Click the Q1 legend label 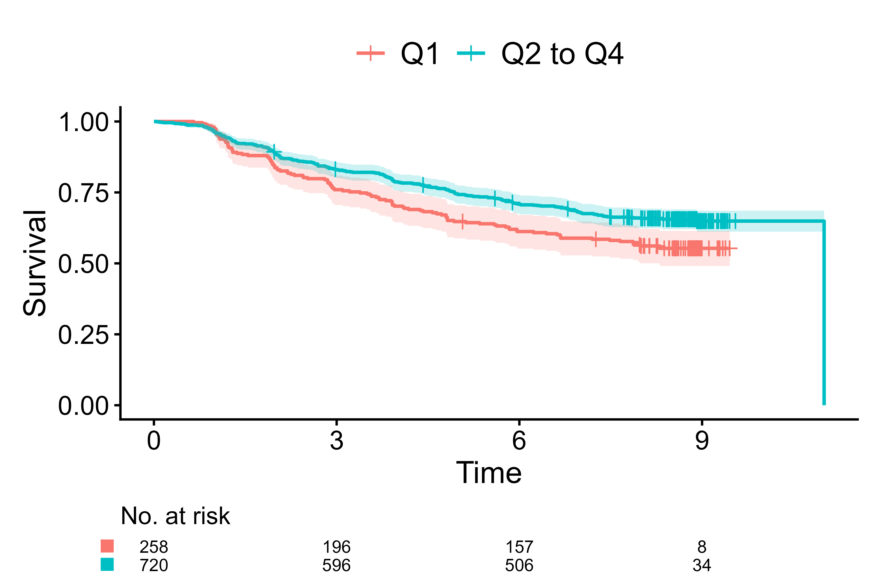(x=419, y=54)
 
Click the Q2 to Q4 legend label (x=562, y=54)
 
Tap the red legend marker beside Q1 (x=371, y=53)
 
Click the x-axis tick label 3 (x=336, y=441)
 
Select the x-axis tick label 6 (x=519, y=441)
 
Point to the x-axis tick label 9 (x=702, y=441)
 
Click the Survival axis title (x=35, y=263)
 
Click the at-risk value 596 (x=336, y=565)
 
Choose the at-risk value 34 (x=702, y=565)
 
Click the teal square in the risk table (x=107, y=564)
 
